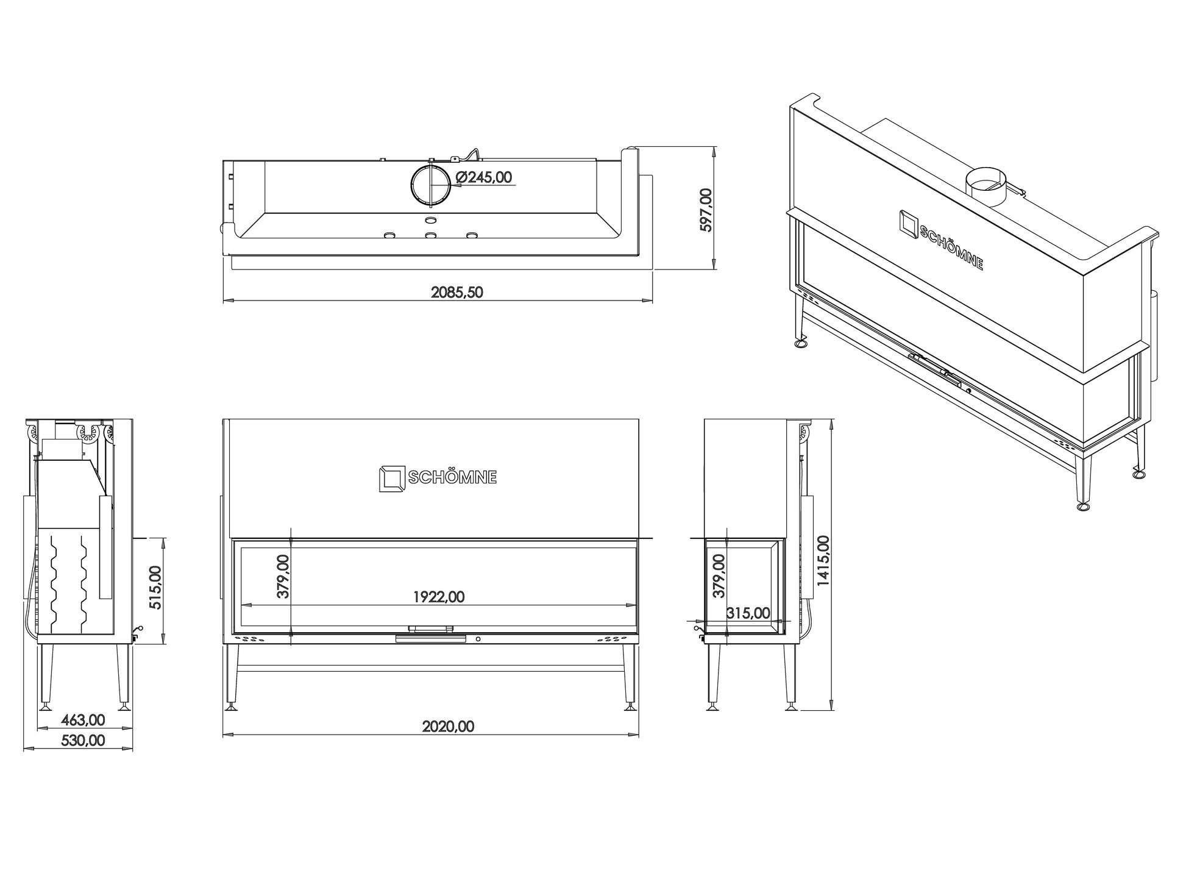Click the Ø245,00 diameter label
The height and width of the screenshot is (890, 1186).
coord(485,177)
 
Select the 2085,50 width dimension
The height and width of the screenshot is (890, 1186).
coord(456,293)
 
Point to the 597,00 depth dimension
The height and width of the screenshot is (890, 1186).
coord(706,210)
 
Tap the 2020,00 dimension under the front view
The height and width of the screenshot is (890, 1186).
coord(448,727)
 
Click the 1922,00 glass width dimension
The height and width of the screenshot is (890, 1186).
coord(439,597)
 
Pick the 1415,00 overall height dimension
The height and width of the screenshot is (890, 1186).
coord(823,561)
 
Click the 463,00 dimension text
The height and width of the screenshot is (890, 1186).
coord(83,720)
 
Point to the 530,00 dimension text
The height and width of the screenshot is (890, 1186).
coord(83,741)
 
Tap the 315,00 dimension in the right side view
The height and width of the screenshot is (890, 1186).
coord(748,613)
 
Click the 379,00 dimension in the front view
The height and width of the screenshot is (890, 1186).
coord(283,577)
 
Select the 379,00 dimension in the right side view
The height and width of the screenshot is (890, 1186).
coord(719,576)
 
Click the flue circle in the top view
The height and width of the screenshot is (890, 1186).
coord(431,185)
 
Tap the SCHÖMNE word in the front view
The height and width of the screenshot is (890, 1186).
coord(452,478)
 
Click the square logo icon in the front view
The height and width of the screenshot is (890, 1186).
coord(392,479)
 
